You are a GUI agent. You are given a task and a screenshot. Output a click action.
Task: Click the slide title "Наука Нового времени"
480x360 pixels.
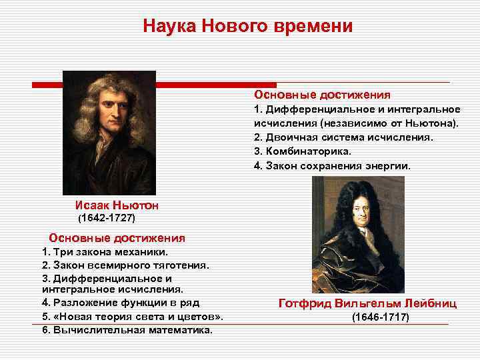pos(247,27)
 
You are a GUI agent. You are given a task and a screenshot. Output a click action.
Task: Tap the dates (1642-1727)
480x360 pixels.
pos(107,219)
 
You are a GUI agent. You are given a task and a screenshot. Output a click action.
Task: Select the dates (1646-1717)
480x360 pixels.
pos(380,317)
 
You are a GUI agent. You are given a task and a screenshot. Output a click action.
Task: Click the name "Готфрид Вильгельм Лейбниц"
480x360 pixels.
pos(367,303)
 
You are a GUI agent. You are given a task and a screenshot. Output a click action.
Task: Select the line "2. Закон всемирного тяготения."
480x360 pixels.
pos(125,265)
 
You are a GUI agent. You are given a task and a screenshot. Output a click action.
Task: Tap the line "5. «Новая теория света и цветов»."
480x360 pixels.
pos(132,316)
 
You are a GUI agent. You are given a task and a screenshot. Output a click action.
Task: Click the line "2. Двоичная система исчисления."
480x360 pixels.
pos(343,137)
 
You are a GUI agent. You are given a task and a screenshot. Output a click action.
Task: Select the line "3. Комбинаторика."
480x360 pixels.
pos(302,151)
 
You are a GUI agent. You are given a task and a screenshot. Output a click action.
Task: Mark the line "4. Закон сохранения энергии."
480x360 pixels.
pos(332,165)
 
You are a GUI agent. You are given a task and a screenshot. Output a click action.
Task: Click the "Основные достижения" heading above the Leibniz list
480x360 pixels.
pos(322,95)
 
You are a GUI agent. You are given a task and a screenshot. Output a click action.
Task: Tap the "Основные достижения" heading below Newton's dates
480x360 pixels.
pos(117,238)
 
